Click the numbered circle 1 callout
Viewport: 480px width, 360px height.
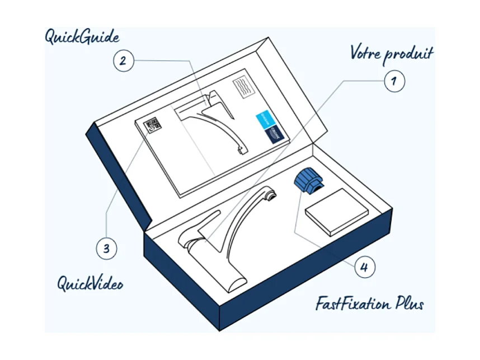coord(393,81)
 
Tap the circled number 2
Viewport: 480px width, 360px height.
coord(124,60)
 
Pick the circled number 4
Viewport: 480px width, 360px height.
coord(364,267)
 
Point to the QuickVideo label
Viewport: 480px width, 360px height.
coord(90,283)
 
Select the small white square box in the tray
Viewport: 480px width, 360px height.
coord(336,211)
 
